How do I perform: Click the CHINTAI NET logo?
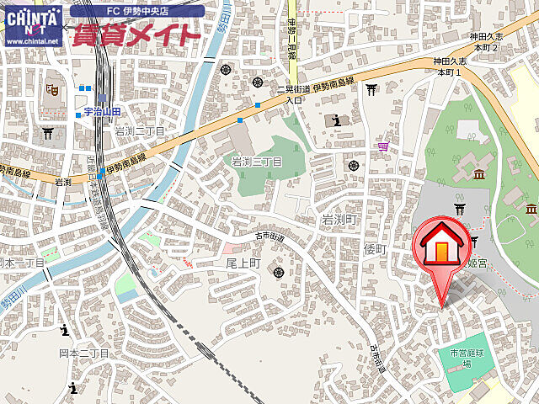tap(33, 25)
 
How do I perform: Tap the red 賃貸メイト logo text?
tap(137, 35)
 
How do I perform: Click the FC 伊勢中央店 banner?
tap(137, 11)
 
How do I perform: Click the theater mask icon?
tap(52, 87)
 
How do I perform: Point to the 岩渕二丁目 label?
tap(140, 130)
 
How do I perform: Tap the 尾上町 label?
tap(242, 263)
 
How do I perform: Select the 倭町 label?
tap(374, 249)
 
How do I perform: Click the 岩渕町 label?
tap(340, 219)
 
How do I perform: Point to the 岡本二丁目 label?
tap(83, 353)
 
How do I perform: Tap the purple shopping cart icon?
tap(384, 146)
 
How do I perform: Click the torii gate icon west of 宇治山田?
tap(48, 132)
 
